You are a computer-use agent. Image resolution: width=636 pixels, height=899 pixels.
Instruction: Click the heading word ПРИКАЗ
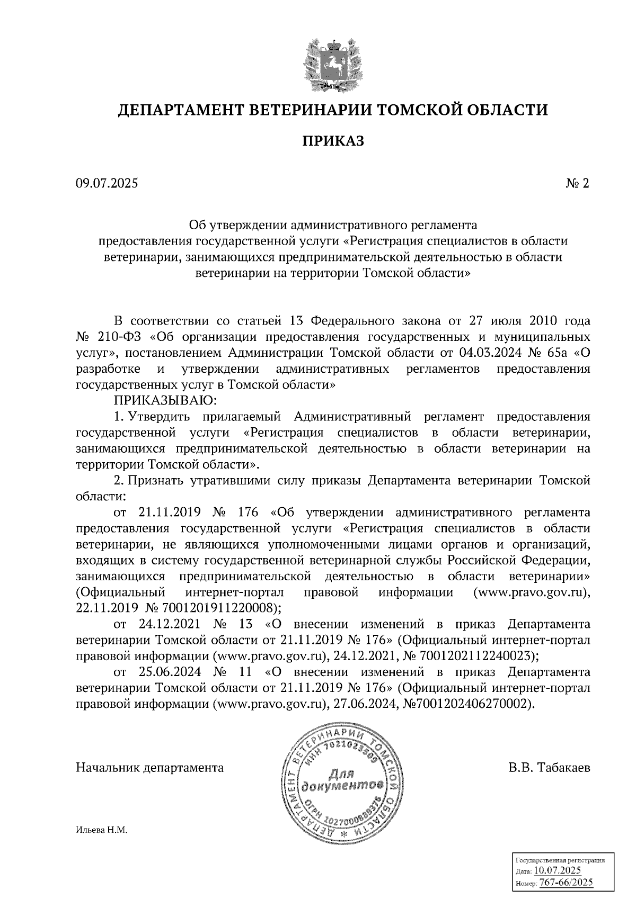pyautogui.click(x=333, y=141)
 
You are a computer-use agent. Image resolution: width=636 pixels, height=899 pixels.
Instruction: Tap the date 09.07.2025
pyautogui.click(x=107, y=184)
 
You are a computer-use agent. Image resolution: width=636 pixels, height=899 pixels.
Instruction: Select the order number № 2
pyautogui.click(x=578, y=184)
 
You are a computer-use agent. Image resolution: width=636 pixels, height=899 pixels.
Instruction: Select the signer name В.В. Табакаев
pyautogui.click(x=549, y=767)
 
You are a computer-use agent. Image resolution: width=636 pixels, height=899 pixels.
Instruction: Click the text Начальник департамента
pyautogui.click(x=150, y=767)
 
